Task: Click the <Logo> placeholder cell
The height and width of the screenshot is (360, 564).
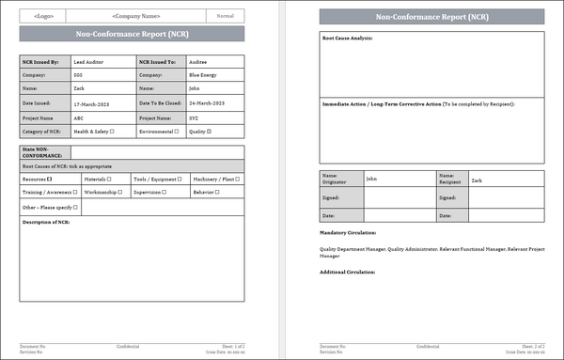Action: pyautogui.click(x=43, y=16)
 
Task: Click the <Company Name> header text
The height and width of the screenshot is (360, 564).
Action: pyautogui.click(x=136, y=16)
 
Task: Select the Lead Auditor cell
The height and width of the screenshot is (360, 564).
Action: pyautogui.click(x=92, y=60)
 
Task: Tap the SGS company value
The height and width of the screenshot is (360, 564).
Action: pyautogui.click(x=79, y=74)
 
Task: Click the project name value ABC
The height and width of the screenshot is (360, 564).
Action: pyautogui.click(x=80, y=117)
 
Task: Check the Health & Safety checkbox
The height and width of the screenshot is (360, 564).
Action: pyautogui.click(x=112, y=132)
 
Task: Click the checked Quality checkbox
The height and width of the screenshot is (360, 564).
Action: pyautogui.click(x=210, y=132)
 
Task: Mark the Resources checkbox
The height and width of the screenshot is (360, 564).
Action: pyautogui.click(x=50, y=179)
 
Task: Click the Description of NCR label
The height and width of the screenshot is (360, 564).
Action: pyautogui.click(x=46, y=223)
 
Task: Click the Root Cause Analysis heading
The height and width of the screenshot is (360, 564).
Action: pyautogui.click(x=348, y=39)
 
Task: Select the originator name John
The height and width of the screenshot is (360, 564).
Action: pyautogui.click(x=371, y=179)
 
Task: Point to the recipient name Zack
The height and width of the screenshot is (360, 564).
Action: pyautogui.click(x=477, y=179)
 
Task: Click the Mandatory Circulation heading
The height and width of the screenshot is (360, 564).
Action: pyautogui.click(x=348, y=231)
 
